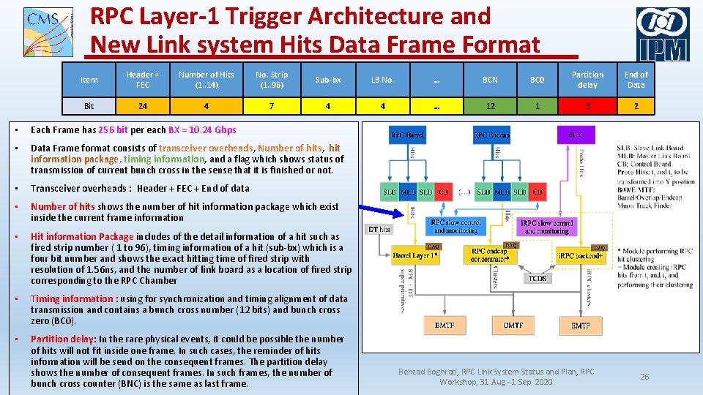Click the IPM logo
point(662,34)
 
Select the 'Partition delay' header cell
point(587,79)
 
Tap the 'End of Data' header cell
point(636,79)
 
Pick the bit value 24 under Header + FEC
point(143,106)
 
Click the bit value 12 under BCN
point(490,106)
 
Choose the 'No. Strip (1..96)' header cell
point(272,79)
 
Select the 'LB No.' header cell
point(382,79)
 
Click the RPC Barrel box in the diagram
point(407,135)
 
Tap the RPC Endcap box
point(491,135)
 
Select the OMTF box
point(513,325)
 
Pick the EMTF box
point(580,325)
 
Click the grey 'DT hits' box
point(379,230)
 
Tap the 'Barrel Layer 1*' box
point(415,256)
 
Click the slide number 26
point(644,377)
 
